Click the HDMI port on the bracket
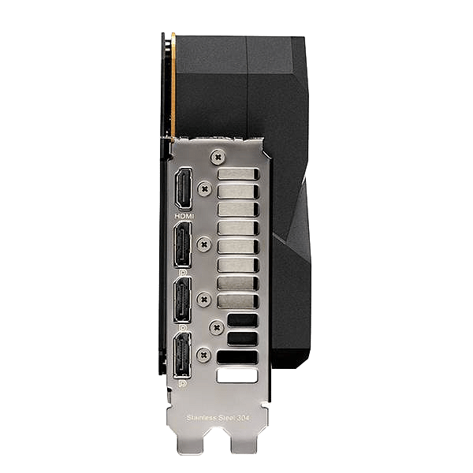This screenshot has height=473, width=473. tap(184, 189)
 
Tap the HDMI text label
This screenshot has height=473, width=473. tap(184, 216)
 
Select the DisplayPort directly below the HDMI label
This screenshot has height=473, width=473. tap(182, 245)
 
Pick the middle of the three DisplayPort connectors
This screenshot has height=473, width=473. tap(182, 300)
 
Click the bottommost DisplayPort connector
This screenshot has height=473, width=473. tap(182, 356)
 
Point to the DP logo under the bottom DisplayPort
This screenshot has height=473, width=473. tap(182, 384)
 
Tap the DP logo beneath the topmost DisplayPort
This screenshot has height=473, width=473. tap(183, 273)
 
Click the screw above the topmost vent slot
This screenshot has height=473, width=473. tap(218, 157)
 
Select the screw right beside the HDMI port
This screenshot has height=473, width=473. tap(205, 189)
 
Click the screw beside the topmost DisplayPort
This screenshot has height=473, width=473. tap(204, 244)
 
